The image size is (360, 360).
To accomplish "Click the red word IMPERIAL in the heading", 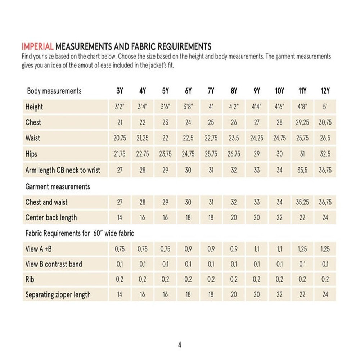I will pos(37,47).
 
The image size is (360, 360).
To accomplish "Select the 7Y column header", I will pos(211,91).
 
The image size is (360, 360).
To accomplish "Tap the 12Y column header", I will pos(325,91).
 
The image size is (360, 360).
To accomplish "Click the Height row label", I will pos(34,107).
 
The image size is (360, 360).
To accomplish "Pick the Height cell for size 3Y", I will pos(120,107).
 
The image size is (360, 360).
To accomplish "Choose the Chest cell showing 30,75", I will pos(325,122).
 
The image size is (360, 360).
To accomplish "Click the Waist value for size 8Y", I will pos(234,138).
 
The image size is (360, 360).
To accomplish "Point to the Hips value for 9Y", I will pos(257,154).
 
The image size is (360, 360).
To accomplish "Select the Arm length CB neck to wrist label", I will pos(63,170).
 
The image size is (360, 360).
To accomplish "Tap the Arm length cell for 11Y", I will pos(302,170).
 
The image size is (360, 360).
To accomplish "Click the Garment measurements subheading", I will pos(58,187).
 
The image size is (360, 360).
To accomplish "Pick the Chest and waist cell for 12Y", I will pos(325,202).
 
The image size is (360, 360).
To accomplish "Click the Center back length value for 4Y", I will pos(143,218).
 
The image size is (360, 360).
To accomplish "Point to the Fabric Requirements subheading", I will pos(80,233).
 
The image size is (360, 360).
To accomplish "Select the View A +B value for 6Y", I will pos(188,249).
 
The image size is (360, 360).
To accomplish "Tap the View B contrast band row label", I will pos(54,264).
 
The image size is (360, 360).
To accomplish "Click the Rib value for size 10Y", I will pos(280,279).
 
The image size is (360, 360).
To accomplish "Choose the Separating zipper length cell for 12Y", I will pos(325,295).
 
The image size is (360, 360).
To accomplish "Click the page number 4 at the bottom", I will pos(180,345).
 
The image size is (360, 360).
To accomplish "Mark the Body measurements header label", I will pos(54,91).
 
